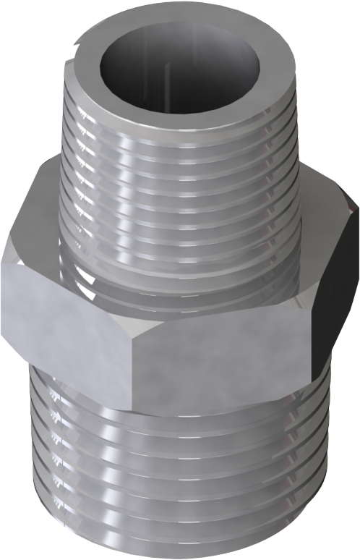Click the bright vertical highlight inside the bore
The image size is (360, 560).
165,72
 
